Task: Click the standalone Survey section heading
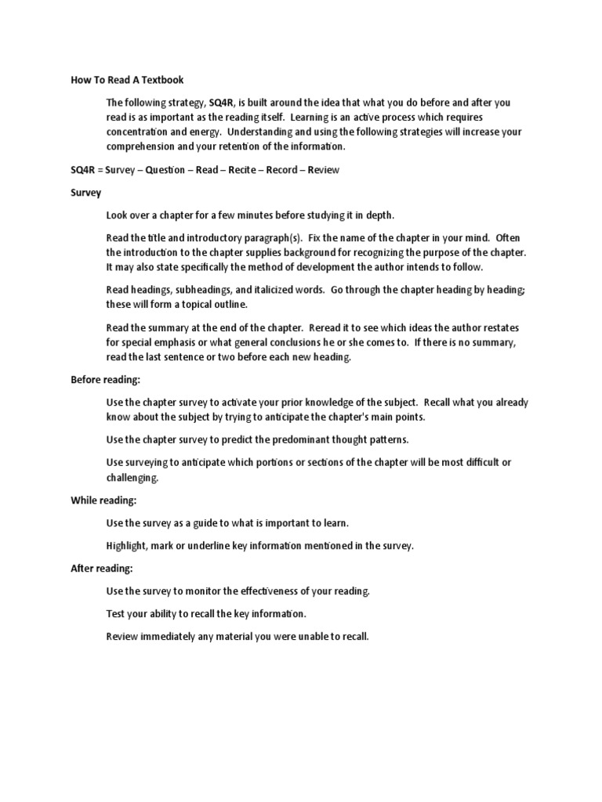click(x=85, y=192)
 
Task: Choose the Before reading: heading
click(x=105, y=380)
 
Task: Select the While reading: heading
click(x=103, y=500)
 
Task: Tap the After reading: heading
click(x=101, y=568)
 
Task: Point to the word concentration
click(x=141, y=132)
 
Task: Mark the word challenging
click(x=132, y=477)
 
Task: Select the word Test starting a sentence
click(x=116, y=613)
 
